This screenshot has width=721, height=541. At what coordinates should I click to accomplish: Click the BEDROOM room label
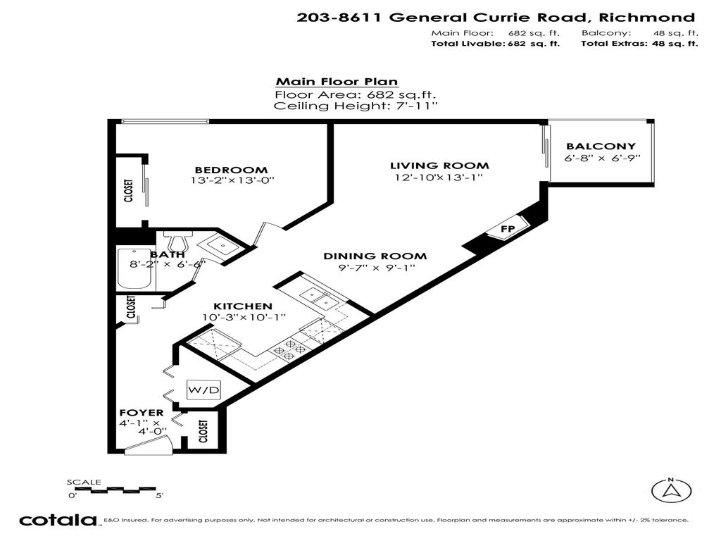coord(231,170)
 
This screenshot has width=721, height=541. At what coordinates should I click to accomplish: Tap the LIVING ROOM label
coord(439,166)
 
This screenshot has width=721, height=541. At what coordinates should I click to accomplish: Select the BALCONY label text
coord(601,147)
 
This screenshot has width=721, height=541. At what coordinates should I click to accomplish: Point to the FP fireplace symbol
coord(506,230)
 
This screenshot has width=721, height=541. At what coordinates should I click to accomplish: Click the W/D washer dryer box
coord(203,390)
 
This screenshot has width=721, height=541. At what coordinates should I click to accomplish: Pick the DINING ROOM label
coord(375,256)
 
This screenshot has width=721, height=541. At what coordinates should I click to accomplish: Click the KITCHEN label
coord(243,306)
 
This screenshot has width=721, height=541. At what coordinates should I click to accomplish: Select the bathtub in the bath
coord(135,269)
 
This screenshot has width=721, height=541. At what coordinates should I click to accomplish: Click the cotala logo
coord(58,521)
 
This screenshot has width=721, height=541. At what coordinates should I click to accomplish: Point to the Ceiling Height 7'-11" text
coord(356,106)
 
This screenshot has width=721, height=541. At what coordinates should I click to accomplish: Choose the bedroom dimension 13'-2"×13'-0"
coord(231,180)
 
